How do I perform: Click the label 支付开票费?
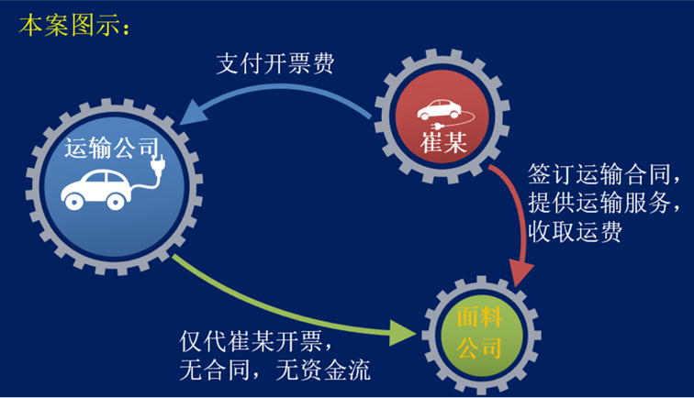click(275, 63)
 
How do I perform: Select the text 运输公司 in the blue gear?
click(110, 149)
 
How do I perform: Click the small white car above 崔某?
click(439, 109)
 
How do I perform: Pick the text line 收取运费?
click(576, 232)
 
